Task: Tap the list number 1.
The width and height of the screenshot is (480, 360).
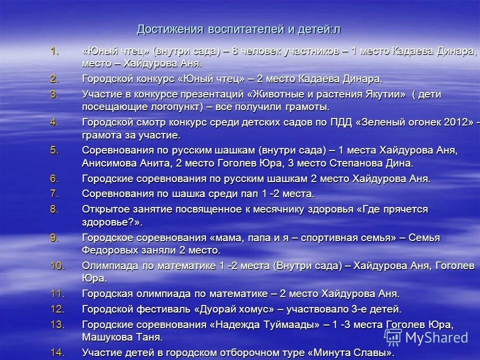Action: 54,51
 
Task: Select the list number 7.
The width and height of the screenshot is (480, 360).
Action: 54,193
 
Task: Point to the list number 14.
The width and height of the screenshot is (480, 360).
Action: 57,352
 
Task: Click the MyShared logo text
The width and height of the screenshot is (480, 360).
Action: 436,337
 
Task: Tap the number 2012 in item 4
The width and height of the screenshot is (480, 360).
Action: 457,122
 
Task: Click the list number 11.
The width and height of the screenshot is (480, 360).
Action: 57,294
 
